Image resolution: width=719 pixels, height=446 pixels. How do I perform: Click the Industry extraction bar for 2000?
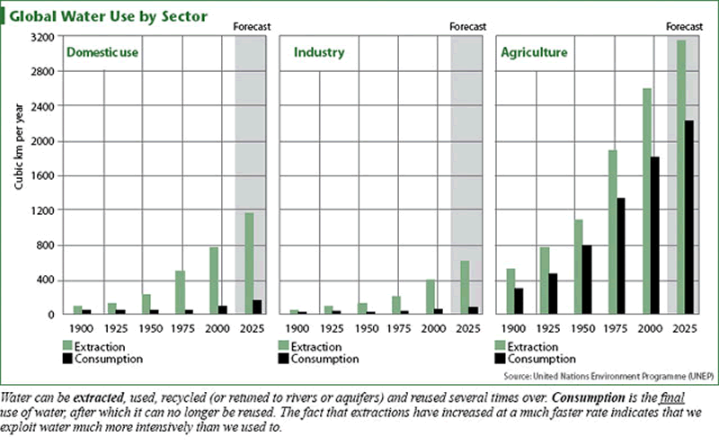431,297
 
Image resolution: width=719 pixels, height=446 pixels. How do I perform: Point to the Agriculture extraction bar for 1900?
510,291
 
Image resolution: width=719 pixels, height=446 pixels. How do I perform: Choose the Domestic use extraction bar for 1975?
180,292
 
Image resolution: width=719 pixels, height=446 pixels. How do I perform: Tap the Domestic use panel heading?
106,53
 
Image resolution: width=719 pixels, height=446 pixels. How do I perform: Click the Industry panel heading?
319,53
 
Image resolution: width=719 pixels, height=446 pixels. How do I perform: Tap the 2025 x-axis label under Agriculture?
685,328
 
